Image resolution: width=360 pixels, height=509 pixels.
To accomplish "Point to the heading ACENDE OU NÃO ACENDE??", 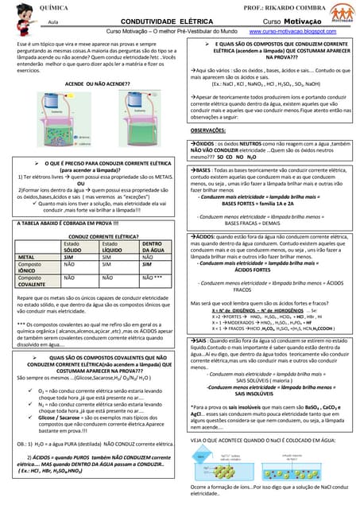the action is (93, 82).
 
